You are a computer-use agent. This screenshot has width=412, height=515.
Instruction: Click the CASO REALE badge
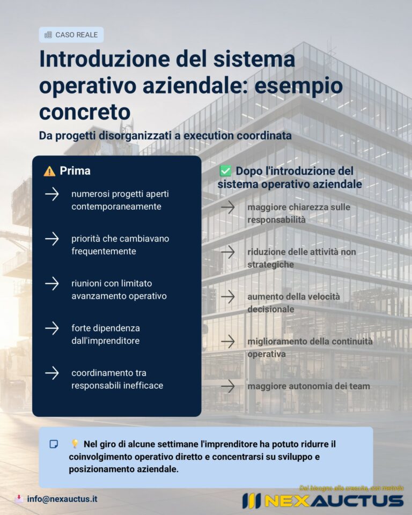pos(71,35)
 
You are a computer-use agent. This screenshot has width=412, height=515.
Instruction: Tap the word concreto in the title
pos(85,112)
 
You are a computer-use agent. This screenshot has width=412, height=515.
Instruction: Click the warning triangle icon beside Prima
pos(49,171)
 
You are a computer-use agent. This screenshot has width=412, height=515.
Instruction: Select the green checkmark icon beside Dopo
pos(225,171)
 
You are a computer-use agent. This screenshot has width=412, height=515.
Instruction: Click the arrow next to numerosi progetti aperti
pos(52,194)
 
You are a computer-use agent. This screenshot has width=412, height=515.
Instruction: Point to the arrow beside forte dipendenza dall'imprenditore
pos(52,328)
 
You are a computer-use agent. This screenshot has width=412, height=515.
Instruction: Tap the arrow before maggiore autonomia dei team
pos(228,386)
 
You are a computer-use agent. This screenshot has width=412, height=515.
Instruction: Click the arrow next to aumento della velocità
pos(228,296)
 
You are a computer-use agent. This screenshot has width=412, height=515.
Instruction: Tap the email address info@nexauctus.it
pos(62,499)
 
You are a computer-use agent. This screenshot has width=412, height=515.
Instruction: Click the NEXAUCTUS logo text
pos(333,501)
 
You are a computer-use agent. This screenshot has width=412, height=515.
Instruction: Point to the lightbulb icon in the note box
pos(75,444)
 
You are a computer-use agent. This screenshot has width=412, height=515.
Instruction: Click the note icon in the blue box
pos(54,444)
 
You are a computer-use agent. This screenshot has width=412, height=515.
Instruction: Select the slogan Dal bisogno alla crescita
pos(351,488)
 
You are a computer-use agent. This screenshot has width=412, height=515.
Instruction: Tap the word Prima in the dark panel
pos(75,171)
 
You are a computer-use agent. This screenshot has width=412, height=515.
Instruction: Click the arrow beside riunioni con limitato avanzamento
pos(52,283)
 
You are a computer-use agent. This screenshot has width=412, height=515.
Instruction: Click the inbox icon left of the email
pos(19,499)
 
